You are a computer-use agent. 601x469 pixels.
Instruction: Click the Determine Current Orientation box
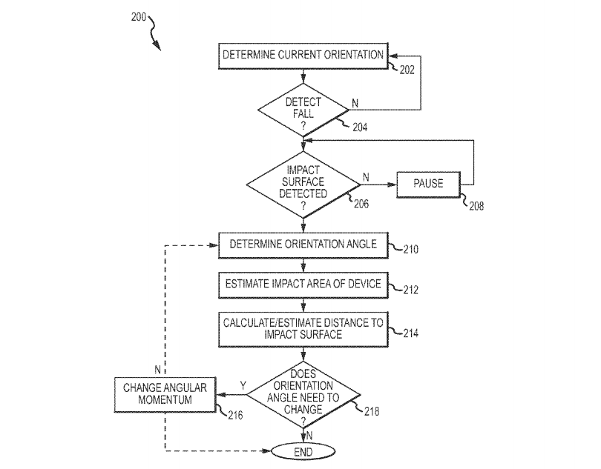coord(303,56)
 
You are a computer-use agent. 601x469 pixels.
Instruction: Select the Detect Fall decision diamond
coord(303,110)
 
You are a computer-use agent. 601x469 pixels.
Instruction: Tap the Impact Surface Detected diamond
coord(303,185)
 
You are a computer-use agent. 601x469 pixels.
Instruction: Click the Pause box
coord(428,184)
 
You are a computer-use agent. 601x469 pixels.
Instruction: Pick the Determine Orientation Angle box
coord(303,245)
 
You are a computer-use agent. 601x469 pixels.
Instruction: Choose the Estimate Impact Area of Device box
coord(303,285)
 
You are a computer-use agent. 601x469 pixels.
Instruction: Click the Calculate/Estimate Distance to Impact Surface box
coord(303,330)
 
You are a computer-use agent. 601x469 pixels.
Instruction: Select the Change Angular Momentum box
coord(165,395)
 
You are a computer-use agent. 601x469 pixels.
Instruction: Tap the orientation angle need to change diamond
coord(303,395)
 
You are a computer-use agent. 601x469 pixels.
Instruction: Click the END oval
coord(303,452)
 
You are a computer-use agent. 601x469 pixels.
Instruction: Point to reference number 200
coord(138,17)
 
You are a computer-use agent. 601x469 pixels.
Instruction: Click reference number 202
coord(407,70)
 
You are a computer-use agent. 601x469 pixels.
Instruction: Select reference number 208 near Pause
coord(476,206)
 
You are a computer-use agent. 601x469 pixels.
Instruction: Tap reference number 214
coord(411,333)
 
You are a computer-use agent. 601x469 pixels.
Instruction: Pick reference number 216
coord(235,415)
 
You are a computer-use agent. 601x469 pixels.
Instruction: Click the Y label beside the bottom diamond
coord(243,385)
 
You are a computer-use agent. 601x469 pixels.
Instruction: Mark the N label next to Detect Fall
coord(355,103)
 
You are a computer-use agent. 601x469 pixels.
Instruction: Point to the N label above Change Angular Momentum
coord(157,370)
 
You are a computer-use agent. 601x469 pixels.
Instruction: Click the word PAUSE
coord(428,184)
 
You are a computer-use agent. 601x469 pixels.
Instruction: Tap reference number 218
coord(372,411)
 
